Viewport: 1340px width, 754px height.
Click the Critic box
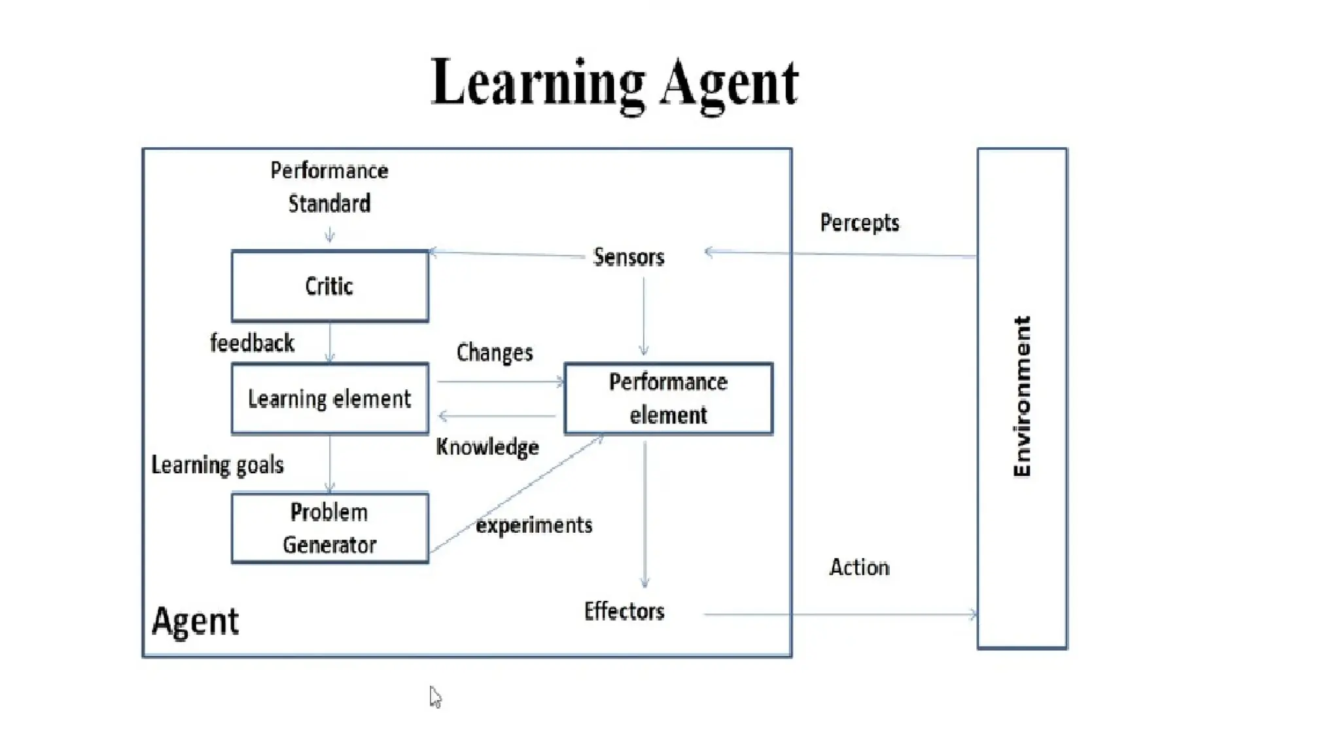pyautogui.click(x=330, y=286)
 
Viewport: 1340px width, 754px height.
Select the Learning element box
pyautogui.click(x=330, y=399)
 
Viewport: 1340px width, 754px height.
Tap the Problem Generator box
pyautogui.click(x=330, y=528)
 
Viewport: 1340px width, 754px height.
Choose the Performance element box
pyautogui.click(x=668, y=399)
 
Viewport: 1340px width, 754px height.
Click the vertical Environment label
pyautogui.click(x=1021, y=397)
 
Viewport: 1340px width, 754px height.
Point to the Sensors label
pyautogui.click(x=628, y=257)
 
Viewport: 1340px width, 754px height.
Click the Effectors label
pyautogui.click(x=624, y=611)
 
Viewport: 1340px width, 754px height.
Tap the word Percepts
pyautogui.click(x=859, y=223)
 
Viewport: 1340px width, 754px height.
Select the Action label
pyautogui.click(x=859, y=567)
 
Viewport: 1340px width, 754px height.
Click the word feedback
pyautogui.click(x=252, y=343)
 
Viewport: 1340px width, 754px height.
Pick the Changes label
pyautogui.click(x=495, y=353)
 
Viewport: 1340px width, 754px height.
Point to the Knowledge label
pyautogui.click(x=487, y=447)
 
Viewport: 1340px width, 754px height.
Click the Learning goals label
pyautogui.click(x=217, y=465)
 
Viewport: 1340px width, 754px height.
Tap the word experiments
pyautogui.click(x=534, y=525)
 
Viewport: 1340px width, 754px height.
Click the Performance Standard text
pyautogui.click(x=329, y=187)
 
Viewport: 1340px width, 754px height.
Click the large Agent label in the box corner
pyautogui.click(x=195, y=621)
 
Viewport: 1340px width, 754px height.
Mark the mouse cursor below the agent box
pyautogui.click(x=435, y=697)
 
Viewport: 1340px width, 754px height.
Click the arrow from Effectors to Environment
pyautogui.click(x=840, y=615)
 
